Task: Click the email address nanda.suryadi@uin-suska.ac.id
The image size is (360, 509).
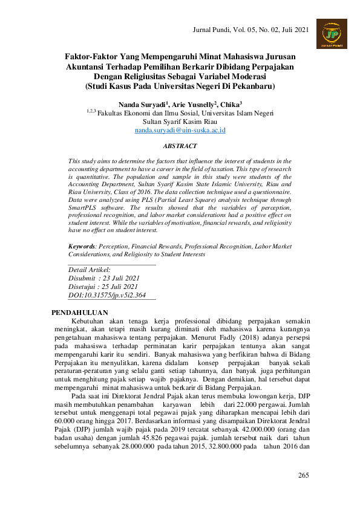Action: pyautogui.click(x=180, y=130)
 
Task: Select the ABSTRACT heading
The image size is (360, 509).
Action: pyautogui.click(x=180, y=146)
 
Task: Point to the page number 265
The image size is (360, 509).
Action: pyautogui.click(x=304, y=475)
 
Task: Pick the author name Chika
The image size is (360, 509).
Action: pyautogui.click(x=230, y=104)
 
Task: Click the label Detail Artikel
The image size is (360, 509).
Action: pyautogui.click(x=90, y=270)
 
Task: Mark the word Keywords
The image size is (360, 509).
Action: pyautogui.click(x=82, y=247)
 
